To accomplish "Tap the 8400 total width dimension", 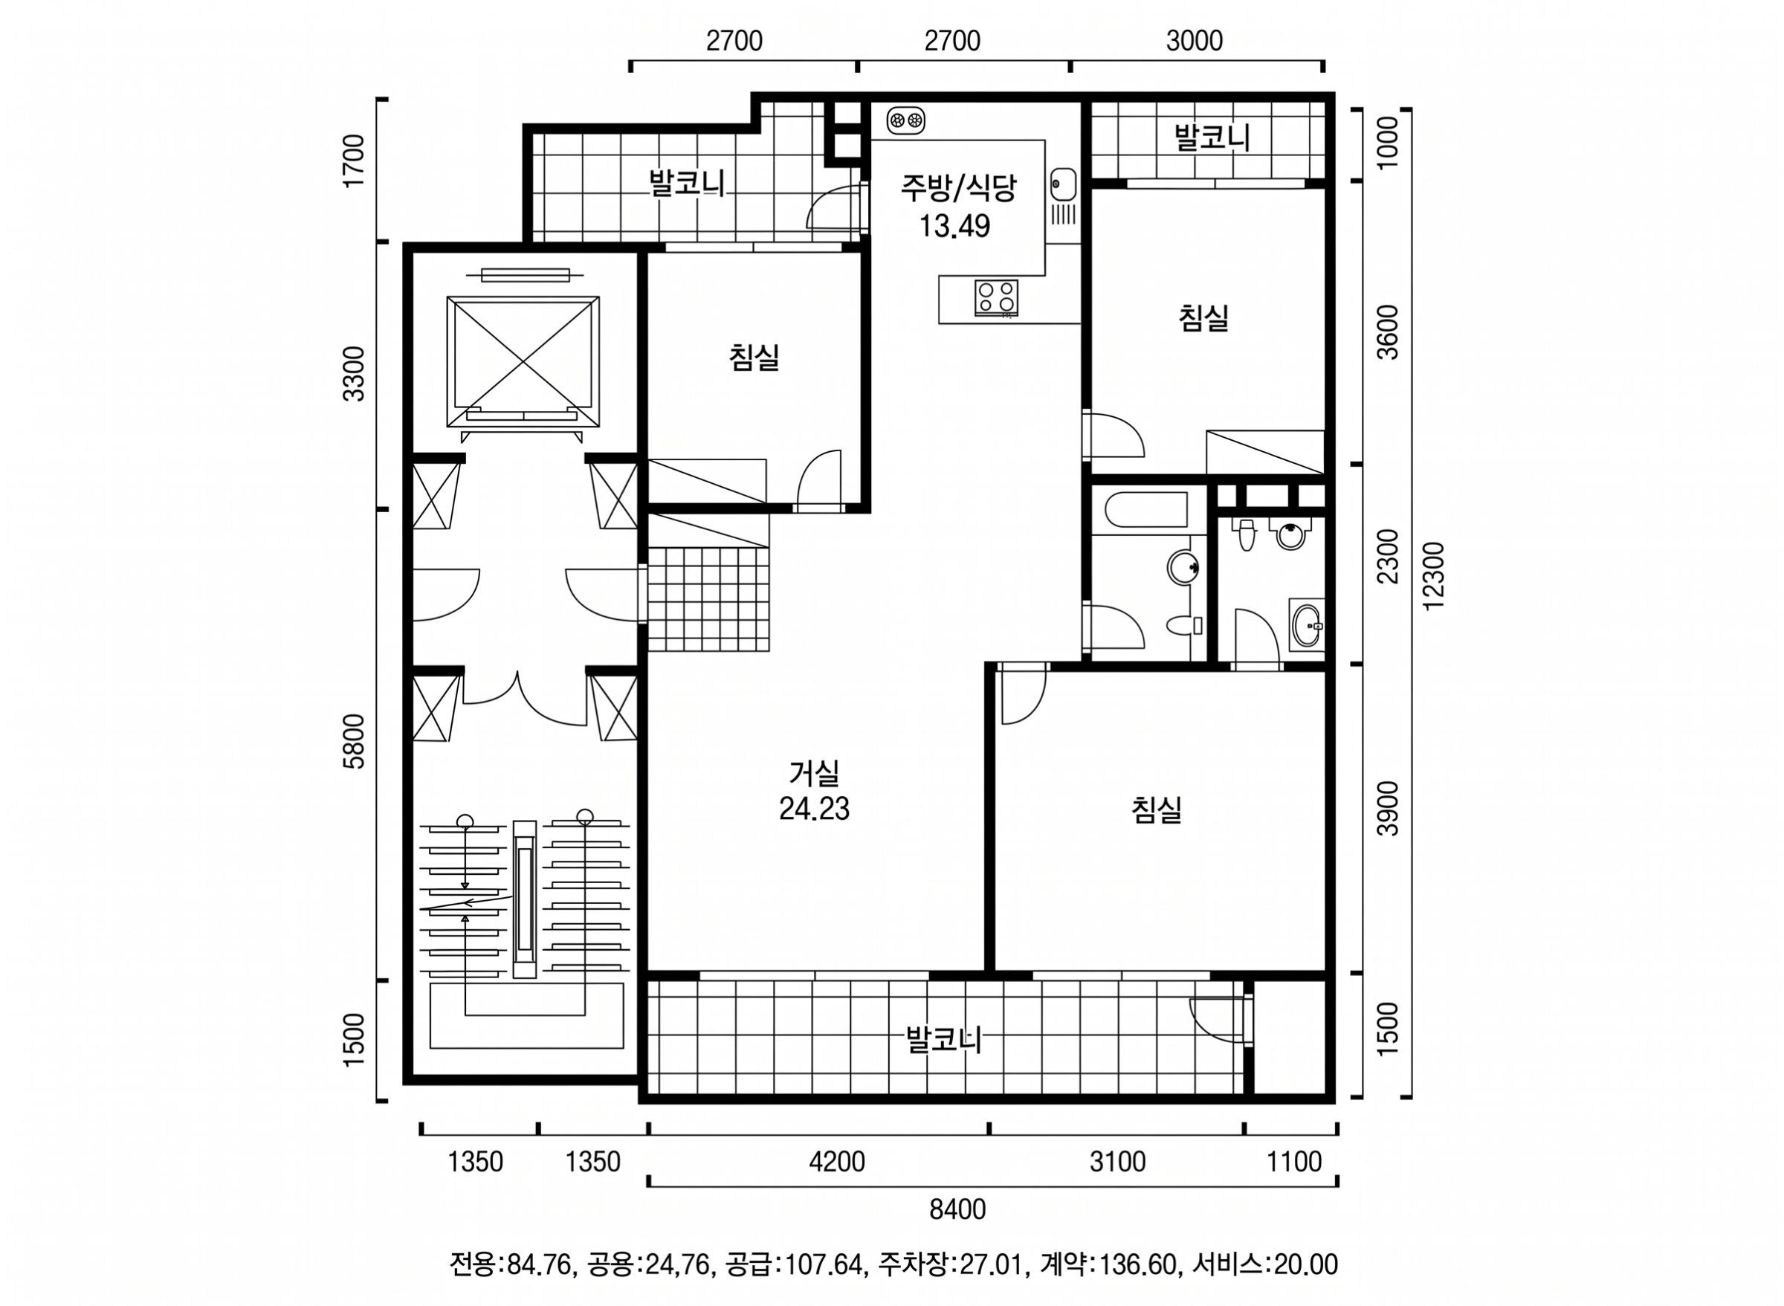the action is (x=957, y=1209).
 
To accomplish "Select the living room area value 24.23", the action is (x=814, y=809).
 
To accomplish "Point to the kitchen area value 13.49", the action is (x=954, y=226).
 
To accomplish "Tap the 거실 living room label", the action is (x=814, y=772).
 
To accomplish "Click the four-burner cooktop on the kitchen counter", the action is (x=996, y=298).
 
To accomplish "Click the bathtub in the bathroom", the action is (x=1145, y=511).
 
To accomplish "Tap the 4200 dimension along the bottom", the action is (x=837, y=1161).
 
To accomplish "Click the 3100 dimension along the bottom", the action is (x=1117, y=1161).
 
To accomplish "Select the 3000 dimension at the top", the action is (x=1195, y=40).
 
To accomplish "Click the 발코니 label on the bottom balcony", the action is (x=944, y=1040).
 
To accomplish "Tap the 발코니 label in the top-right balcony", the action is (x=1212, y=137).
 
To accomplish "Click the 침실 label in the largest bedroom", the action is (x=1157, y=810).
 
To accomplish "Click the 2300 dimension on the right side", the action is (x=1387, y=557).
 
